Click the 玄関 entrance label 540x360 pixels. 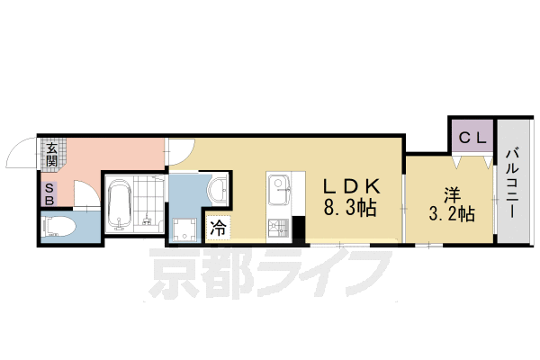pyautogui.click(x=52, y=155)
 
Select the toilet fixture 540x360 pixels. pyautogui.click(x=61, y=228)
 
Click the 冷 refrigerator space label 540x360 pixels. pyautogui.click(x=218, y=229)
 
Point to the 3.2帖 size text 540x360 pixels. pyautogui.click(x=451, y=214)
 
